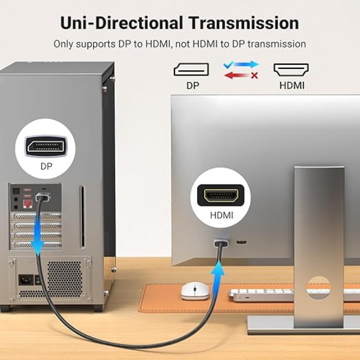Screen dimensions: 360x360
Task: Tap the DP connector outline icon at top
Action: click(191, 70)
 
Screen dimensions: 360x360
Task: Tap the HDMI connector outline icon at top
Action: click(292, 69)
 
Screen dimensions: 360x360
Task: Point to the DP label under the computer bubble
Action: click(46, 166)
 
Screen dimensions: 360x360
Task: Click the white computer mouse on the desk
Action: click(195, 291)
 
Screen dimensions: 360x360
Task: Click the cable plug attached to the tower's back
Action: click(43, 196)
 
